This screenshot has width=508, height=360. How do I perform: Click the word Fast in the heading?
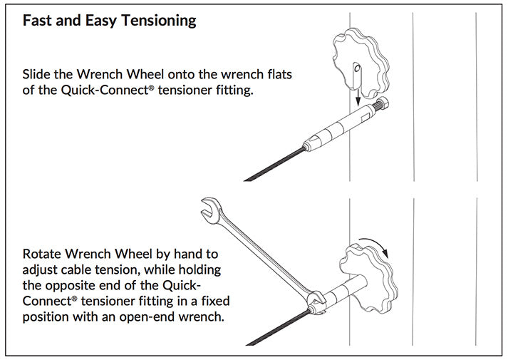[36, 20]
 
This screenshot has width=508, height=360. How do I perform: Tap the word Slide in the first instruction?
[36, 74]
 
